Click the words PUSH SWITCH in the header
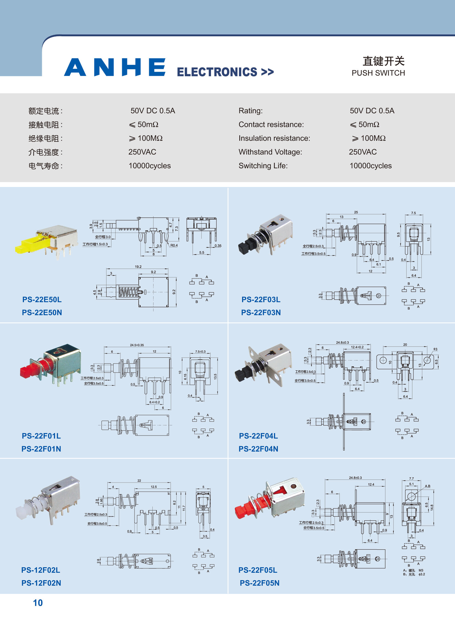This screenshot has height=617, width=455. tap(378, 73)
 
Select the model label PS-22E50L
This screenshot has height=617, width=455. tap(42, 299)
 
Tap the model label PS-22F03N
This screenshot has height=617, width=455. tap(261, 313)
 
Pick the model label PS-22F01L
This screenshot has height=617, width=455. tap(41, 436)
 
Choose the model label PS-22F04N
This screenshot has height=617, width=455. tap(258, 449)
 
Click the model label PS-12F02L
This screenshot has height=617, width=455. tap(41, 570)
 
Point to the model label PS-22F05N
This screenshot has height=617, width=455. tap(259, 583)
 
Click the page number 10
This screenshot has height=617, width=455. tap(38, 603)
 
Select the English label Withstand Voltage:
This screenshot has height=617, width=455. tap(270, 152)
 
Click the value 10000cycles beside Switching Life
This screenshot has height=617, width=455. tap(371, 166)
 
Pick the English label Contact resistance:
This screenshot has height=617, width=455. tap(271, 125)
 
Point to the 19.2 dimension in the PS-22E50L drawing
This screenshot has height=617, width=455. tap(138, 266)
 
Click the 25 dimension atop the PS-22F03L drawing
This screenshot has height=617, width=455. tap(356, 212)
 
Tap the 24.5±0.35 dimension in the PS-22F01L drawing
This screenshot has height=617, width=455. tap(137, 345)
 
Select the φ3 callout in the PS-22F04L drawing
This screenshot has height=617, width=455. tap(435, 349)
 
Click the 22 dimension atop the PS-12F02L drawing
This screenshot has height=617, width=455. tap(139, 480)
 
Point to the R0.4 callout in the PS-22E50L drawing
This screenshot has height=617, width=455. tap(174, 245)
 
